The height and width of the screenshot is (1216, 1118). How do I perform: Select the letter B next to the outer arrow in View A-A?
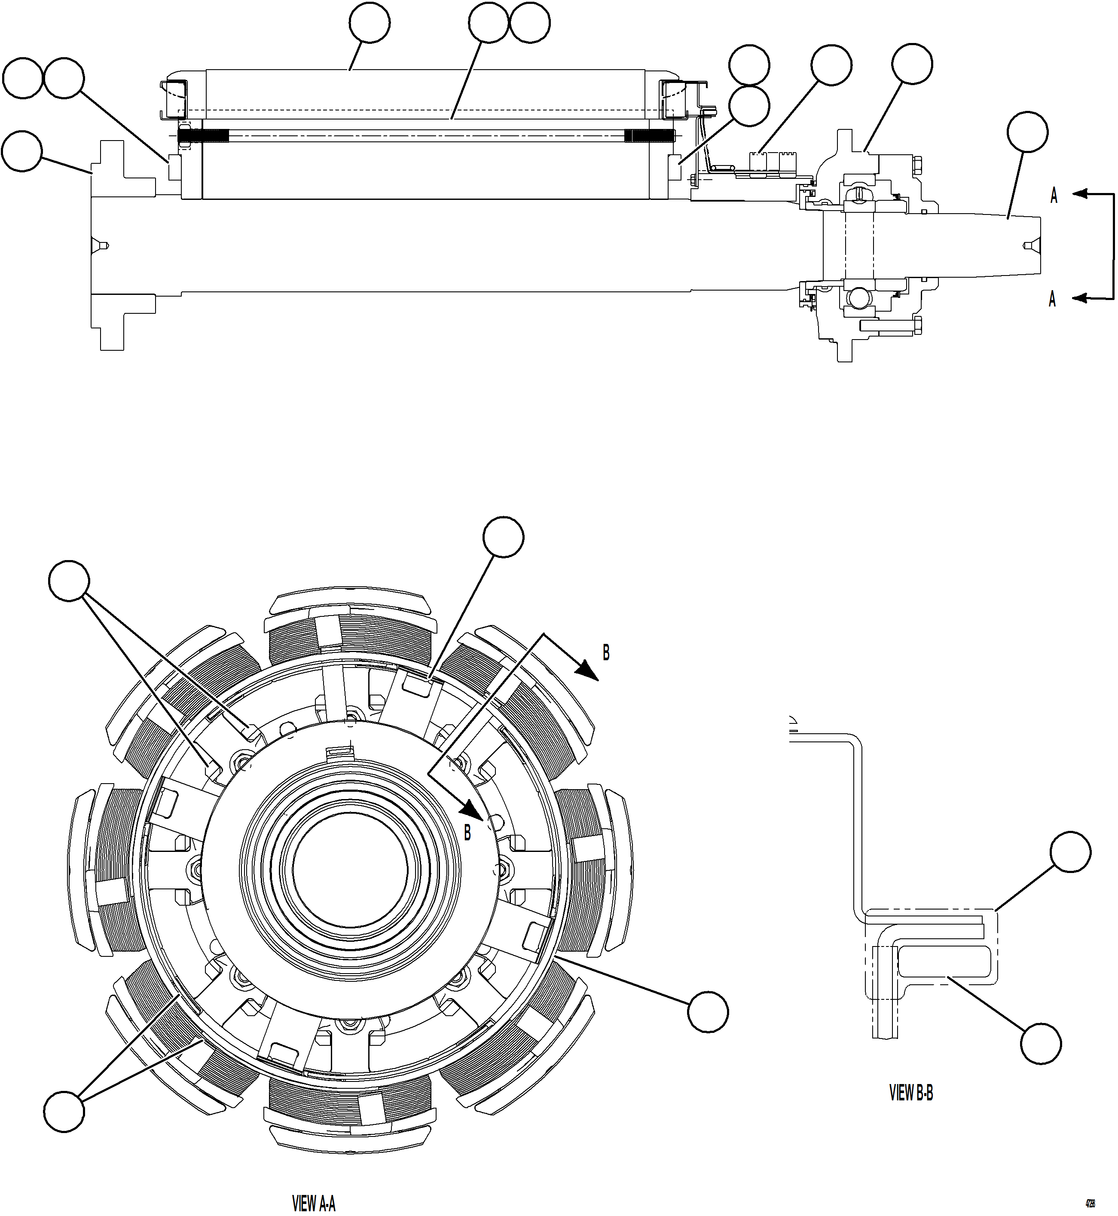(x=605, y=652)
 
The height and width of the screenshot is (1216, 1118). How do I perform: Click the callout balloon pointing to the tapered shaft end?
(x=1027, y=132)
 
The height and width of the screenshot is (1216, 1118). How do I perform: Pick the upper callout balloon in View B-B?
(x=1070, y=852)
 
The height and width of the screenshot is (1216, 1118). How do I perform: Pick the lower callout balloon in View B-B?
(x=1041, y=1044)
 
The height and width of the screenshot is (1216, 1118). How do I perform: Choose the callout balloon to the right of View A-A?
(x=708, y=1011)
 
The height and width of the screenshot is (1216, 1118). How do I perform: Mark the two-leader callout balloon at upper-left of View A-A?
(x=69, y=580)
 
